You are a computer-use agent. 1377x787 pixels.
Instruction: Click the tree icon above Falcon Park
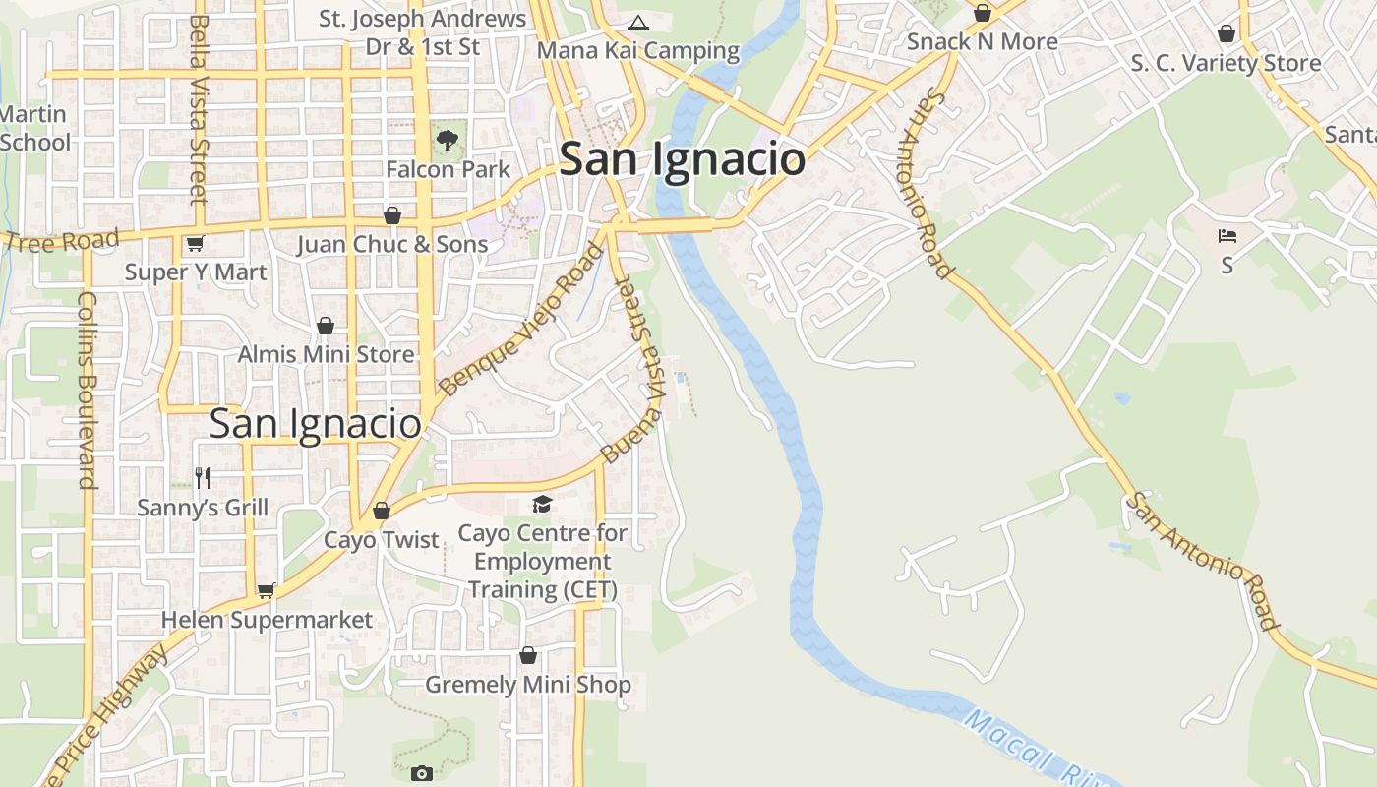click(448, 140)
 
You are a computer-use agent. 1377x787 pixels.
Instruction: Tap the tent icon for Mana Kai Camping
click(638, 23)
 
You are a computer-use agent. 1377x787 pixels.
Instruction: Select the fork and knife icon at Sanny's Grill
click(203, 478)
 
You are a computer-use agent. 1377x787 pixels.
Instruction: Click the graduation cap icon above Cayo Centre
click(542, 505)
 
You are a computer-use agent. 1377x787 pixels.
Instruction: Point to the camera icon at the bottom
click(421, 773)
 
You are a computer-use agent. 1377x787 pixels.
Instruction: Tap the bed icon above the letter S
click(1227, 236)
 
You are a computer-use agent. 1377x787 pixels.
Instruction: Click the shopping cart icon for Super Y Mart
click(195, 243)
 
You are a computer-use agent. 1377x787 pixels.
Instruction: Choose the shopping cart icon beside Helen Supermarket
click(266, 590)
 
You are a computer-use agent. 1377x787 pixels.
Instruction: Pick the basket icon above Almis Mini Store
click(326, 326)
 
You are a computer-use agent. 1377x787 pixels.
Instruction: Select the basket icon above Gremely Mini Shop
click(528, 655)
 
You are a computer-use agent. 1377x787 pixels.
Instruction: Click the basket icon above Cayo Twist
click(382, 511)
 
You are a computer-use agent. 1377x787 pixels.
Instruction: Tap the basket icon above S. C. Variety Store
click(1227, 34)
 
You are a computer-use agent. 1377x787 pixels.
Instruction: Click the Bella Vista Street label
click(199, 108)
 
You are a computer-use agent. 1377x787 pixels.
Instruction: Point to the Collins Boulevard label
click(88, 390)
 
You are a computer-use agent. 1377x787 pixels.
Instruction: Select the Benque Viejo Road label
click(521, 320)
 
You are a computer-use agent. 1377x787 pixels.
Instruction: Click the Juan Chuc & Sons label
click(392, 244)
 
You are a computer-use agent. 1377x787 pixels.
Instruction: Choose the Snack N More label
click(982, 41)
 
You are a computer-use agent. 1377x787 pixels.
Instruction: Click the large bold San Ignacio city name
click(682, 159)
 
